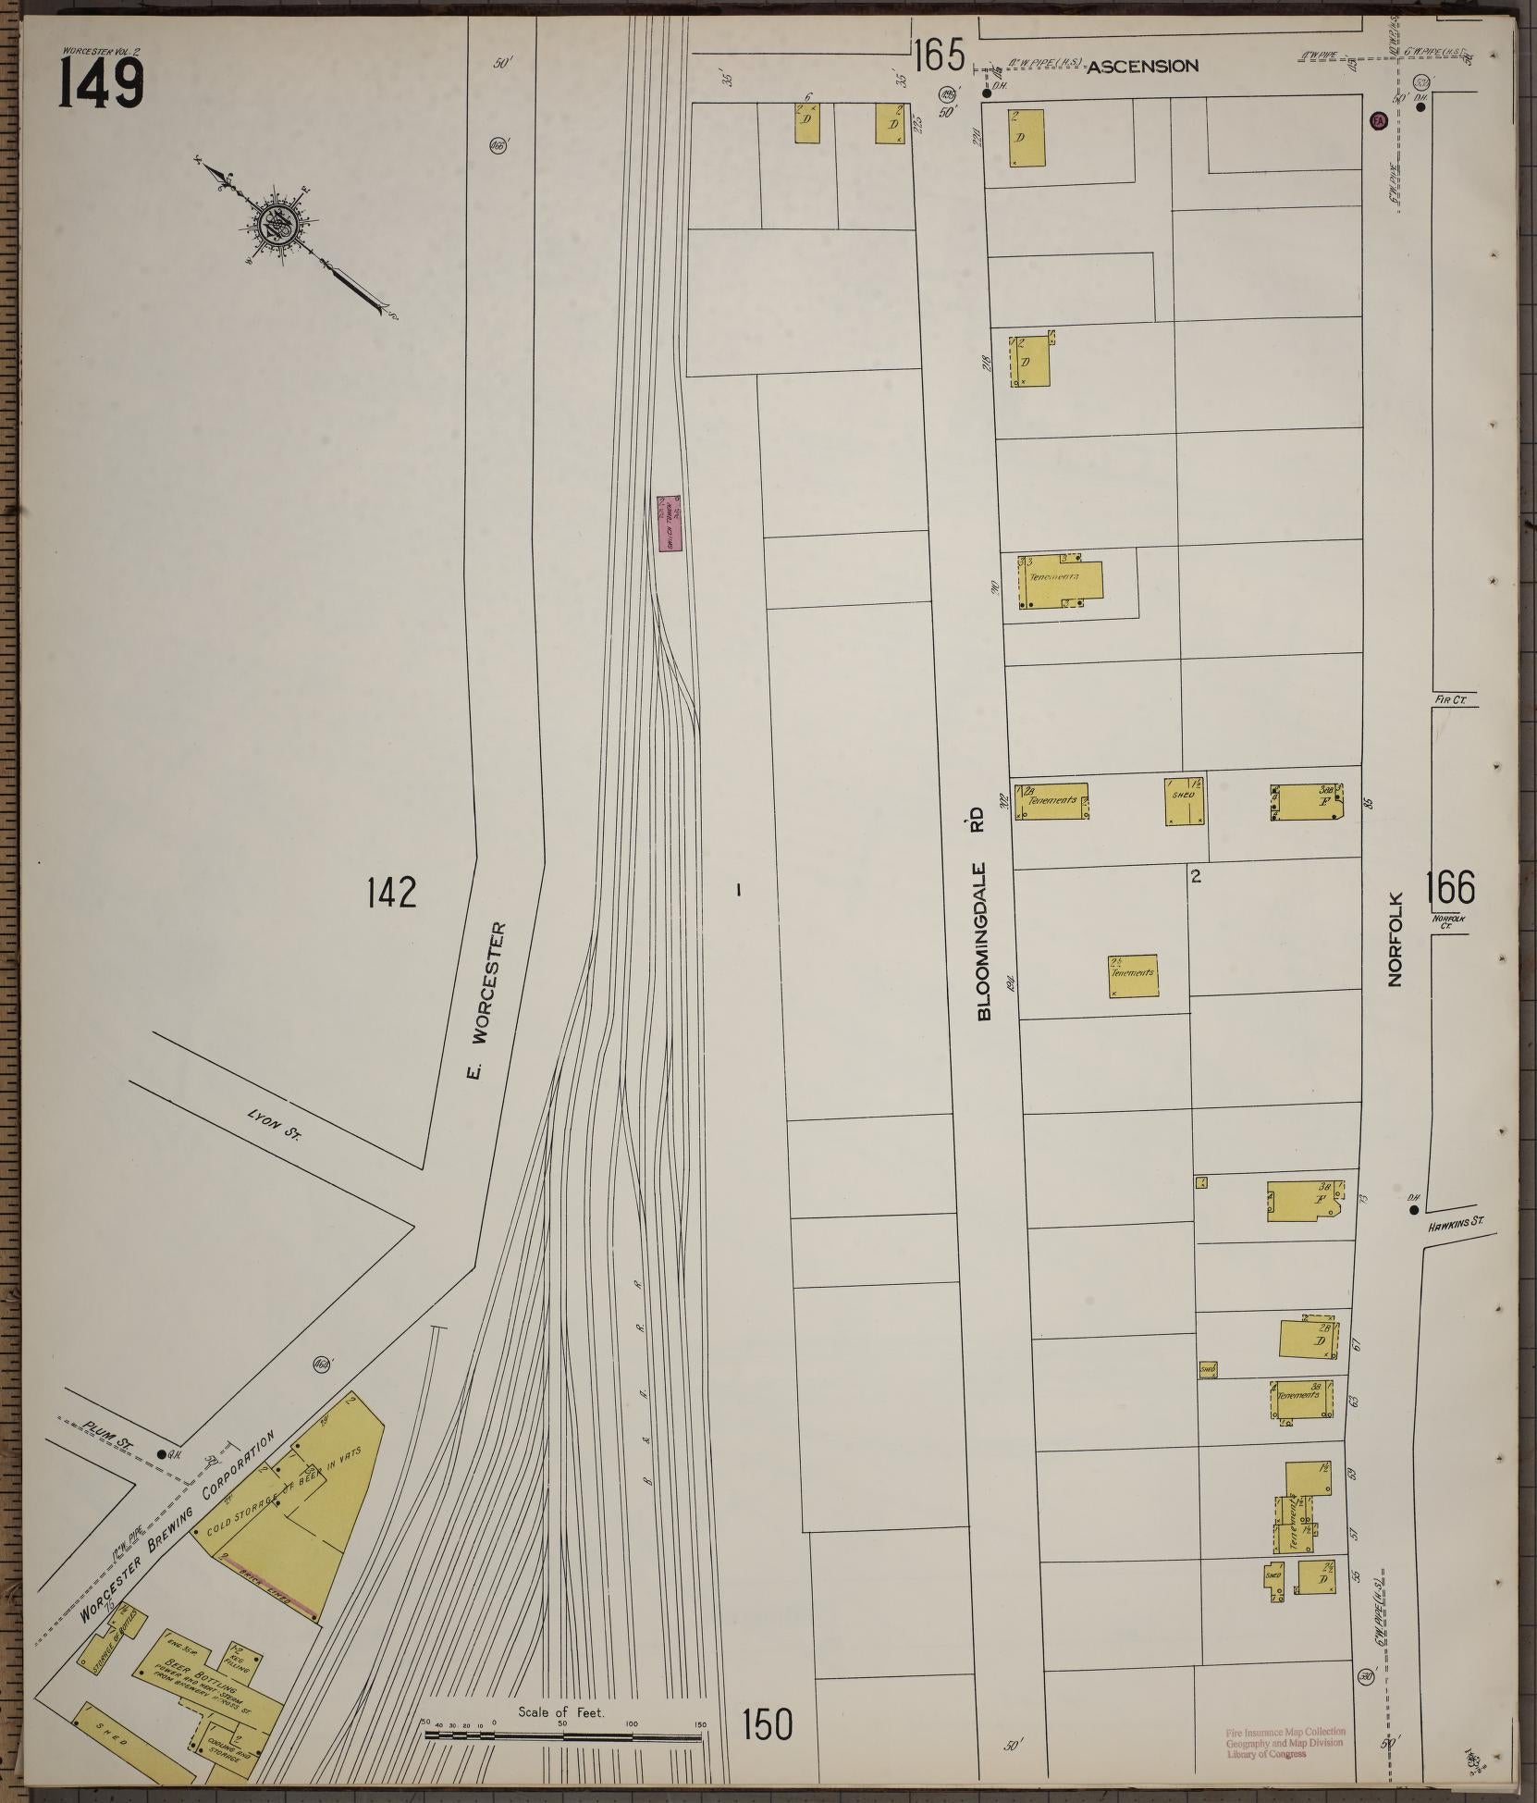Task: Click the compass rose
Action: pyautogui.click(x=277, y=223)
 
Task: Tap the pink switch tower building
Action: pyautogui.click(x=670, y=524)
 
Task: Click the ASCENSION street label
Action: pyautogui.click(x=1142, y=67)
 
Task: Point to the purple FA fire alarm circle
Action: pyautogui.click(x=1378, y=121)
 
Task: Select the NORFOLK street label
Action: pyautogui.click(x=1396, y=939)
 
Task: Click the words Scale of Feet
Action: pyautogui.click(x=561, y=1712)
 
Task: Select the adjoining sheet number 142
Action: pyautogui.click(x=391, y=893)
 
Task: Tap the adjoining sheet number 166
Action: pyautogui.click(x=1449, y=889)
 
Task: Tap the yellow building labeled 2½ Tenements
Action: pyautogui.click(x=1133, y=976)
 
